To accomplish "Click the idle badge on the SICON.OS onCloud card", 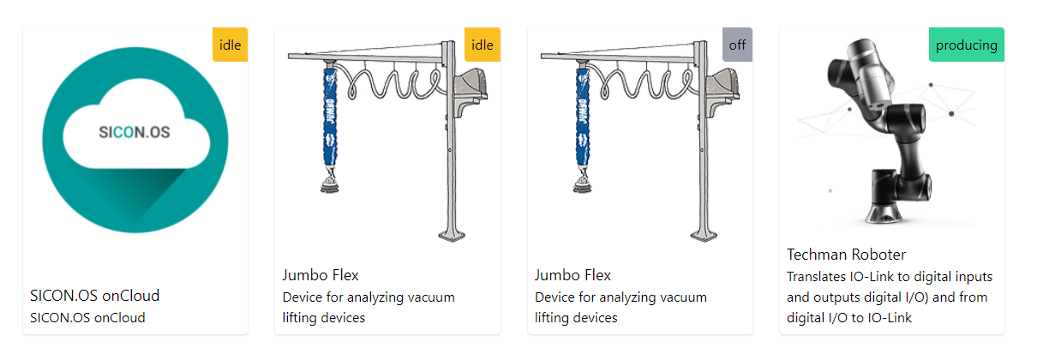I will [x=230, y=45].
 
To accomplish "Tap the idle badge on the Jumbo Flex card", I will [x=482, y=45].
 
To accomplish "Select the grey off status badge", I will [x=737, y=45].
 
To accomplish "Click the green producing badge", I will [x=966, y=45].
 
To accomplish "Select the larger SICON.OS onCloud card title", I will [x=94, y=296].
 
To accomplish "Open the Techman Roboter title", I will [x=846, y=255].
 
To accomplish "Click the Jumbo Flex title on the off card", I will [x=572, y=275].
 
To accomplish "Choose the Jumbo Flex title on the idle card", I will [x=321, y=275].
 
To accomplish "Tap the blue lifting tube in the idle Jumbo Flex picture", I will [x=328, y=120].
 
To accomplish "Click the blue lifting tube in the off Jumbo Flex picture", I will [x=581, y=120].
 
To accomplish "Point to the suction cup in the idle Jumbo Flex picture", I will [x=328, y=181].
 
